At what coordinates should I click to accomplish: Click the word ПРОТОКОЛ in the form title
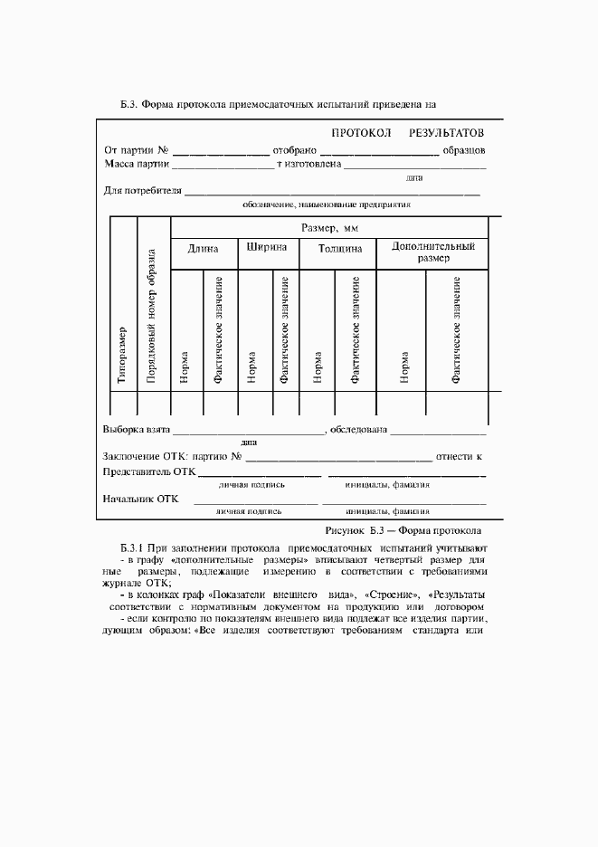[x=361, y=133]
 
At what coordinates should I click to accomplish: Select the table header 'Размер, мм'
[x=329, y=228]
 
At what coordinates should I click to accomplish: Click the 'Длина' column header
[x=204, y=248]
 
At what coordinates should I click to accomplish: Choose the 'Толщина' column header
[x=340, y=248]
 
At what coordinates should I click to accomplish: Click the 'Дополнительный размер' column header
[x=432, y=252]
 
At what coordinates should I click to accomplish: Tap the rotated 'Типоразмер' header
[x=122, y=356]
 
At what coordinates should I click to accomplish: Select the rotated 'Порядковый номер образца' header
[x=152, y=317]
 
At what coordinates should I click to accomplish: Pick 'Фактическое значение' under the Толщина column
[x=356, y=330]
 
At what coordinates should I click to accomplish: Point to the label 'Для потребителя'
[x=143, y=191]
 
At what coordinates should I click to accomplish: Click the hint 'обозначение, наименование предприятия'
[x=327, y=205]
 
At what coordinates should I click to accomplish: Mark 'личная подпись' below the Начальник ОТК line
[x=249, y=511]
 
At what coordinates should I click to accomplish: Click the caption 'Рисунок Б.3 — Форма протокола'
[x=403, y=529]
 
